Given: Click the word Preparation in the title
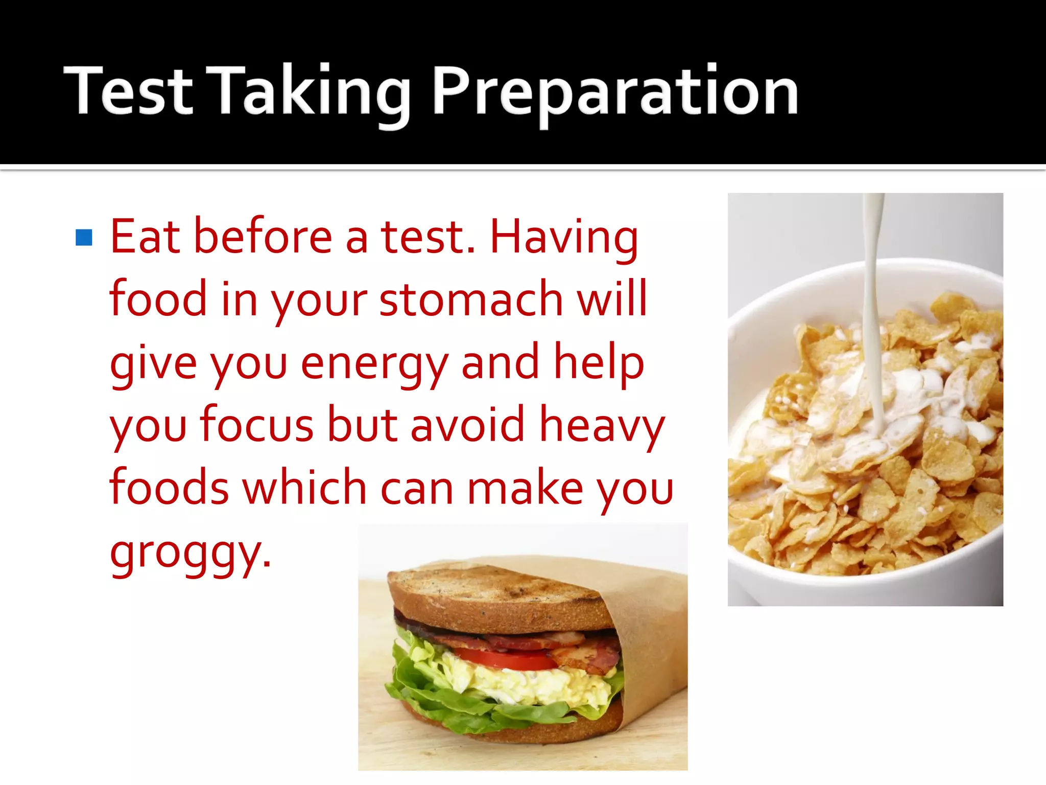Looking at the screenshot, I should tap(615, 92).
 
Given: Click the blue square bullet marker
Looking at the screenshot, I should tap(84, 238).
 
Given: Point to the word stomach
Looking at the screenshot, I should tap(471, 299).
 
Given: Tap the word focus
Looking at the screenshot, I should tap(256, 424).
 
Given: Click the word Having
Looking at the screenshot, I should tap(564, 237).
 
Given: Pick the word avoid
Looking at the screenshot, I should tap(467, 424).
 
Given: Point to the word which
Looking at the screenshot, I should tap(304, 487).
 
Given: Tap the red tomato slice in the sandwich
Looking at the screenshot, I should tap(503, 660).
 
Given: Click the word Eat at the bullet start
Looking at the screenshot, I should tap(145, 237).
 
